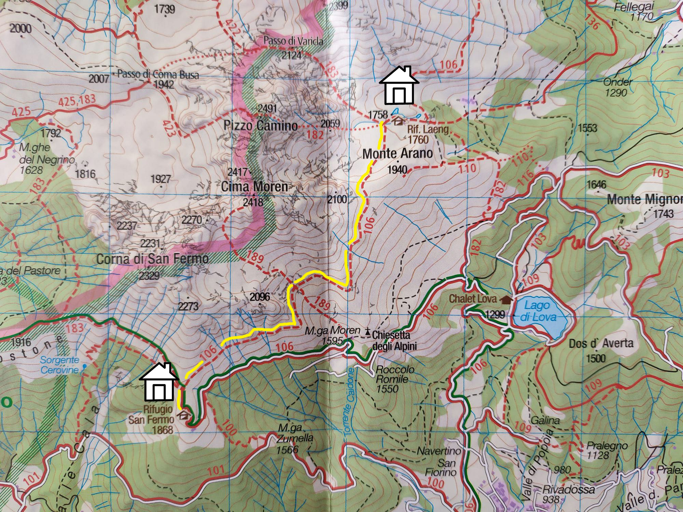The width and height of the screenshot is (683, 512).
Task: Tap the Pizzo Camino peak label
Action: click(x=261, y=126)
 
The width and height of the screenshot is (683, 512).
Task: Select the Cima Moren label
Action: click(x=254, y=187)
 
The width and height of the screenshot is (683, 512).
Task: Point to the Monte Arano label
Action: click(x=398, y=154)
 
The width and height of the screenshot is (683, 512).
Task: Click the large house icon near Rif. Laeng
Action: click(x=399, y=86)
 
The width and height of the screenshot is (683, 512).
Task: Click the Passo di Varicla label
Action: click(x=293, y=41)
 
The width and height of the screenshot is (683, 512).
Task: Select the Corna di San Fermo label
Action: click(x=152, y=259)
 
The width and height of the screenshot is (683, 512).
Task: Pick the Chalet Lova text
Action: click(x=473, y=299)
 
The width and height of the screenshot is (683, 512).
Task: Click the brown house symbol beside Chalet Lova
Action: click(x=506, y=300)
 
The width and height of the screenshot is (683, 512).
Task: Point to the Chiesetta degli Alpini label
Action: click(x=394, y=340)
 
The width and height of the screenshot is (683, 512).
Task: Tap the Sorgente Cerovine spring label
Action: click(x=60, y=365)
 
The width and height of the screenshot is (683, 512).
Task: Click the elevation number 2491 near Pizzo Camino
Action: click(x=267, y=109)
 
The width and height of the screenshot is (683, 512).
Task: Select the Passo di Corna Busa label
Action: click(x=158, y=74)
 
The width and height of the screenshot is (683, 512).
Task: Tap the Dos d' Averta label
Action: click(x=601, y=343)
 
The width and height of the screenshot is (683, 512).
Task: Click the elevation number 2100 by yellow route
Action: click(x=337, y=199)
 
